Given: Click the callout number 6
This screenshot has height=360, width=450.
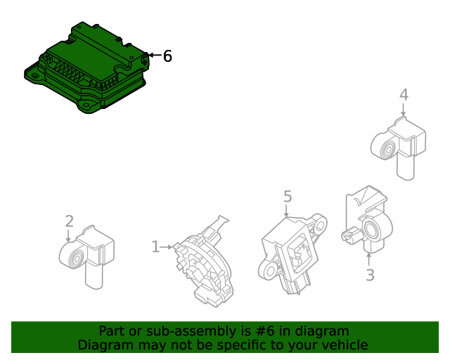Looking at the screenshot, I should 167,56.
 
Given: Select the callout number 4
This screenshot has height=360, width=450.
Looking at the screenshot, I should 404,95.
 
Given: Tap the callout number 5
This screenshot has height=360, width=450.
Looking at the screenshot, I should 287,196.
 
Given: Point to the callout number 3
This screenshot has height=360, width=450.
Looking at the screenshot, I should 370,275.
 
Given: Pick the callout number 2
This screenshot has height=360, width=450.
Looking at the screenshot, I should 69,221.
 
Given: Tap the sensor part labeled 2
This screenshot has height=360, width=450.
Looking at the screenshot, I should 88,253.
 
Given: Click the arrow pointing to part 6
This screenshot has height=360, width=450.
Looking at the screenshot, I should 153,55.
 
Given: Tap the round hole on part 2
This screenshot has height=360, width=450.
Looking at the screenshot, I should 72,258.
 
